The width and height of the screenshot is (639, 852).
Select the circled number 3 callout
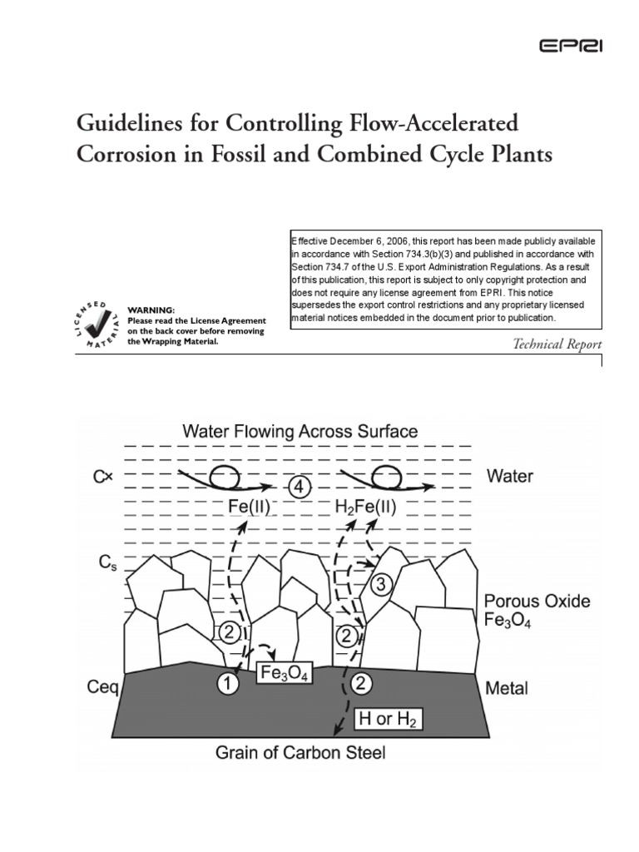click(x=381, y=585)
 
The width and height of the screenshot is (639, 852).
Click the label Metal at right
click(x=505, y=689)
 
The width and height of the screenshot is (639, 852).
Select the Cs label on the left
click(x=101, y=563)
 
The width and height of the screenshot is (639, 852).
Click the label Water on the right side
click(x=509, y=478)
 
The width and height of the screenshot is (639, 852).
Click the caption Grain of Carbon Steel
click(x=300, y=754)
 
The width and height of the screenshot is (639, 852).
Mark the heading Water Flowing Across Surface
click(x=300, y=432)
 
